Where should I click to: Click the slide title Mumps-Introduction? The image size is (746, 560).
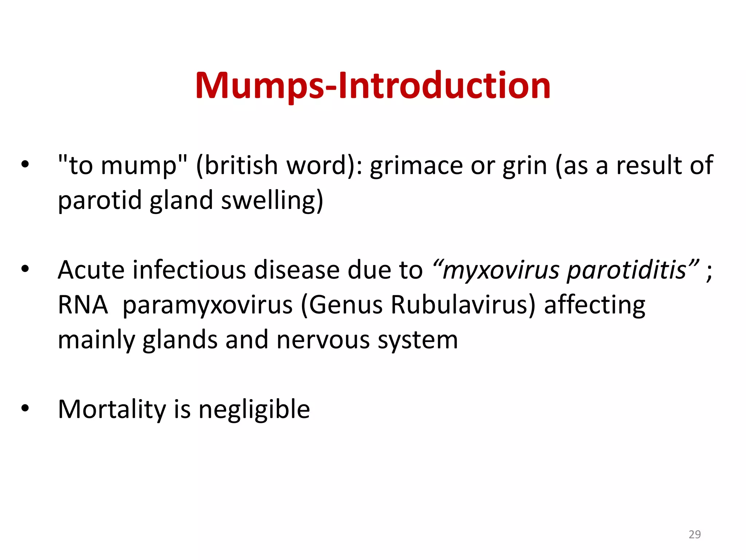click(373, 86)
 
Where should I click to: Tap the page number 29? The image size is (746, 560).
click(695, 534)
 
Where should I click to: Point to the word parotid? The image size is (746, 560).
click(99, 201)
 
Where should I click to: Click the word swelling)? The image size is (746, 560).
click(272, 201)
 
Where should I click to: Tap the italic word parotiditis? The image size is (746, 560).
click(627, 271)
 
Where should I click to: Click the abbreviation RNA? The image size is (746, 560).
click(83, 305)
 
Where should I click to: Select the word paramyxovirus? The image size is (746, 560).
click(208, 306)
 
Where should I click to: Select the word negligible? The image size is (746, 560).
click(254, 410)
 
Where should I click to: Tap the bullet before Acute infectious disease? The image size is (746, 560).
click(25, 269)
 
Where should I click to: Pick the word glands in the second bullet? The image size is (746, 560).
click(180, 340)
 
